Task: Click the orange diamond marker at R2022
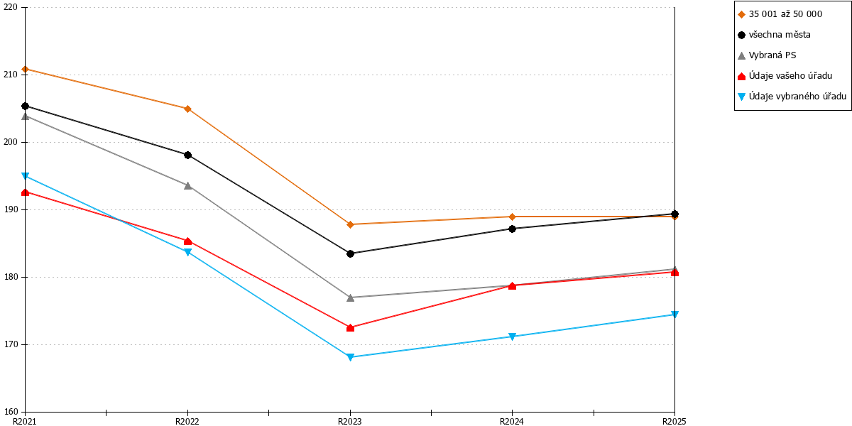[187, 109]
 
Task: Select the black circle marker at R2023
[350, 253]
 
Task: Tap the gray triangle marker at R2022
[187, 185]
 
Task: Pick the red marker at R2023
[350, 327]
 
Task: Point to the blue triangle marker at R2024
[512, 337]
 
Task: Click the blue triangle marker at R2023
[350, 357]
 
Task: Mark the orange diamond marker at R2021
[25, 70]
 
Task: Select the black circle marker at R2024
[512, 229]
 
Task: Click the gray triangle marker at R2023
[350, 297]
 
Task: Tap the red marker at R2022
[187, 241]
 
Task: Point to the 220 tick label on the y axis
[11, 7]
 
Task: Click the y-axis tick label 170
[11, 344]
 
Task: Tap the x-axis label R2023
[350, 422]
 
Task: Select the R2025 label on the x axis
[674, 422]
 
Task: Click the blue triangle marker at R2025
[674, 314]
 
